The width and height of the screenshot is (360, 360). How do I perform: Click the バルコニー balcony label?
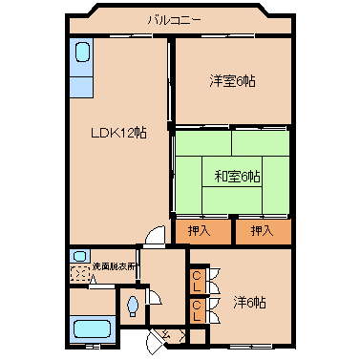(x=173, y=19)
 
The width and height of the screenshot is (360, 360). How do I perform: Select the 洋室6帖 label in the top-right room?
(x=232, y=80)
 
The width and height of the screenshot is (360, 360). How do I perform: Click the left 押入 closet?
(x=200, y=230)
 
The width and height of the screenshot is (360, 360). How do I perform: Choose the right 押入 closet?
(x=261, y=230)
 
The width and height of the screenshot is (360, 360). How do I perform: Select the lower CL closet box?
(x=197, y=310)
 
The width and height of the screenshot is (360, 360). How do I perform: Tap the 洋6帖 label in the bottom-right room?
(x=249, y=303)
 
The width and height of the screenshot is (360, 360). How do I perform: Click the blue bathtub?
(x=90, y=330)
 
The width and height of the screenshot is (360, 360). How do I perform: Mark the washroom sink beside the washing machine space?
(x=78, y=256)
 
